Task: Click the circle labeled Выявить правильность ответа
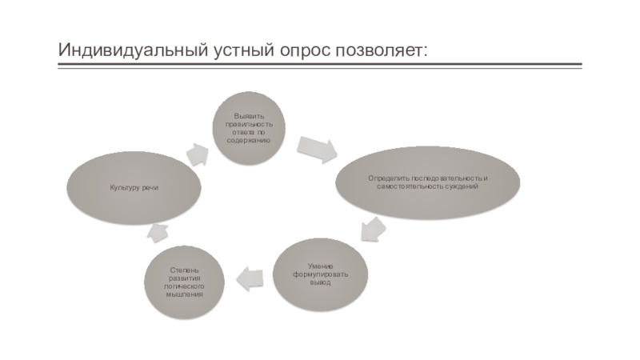click(x=248, y=129)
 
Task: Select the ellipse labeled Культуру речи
click(x=134, y=187)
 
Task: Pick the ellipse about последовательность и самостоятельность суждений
click(x=427, y=182)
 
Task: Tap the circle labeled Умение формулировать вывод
click(x=321, y=274)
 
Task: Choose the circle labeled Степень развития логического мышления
click(x=185, y=282)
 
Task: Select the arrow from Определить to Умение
click(x=372, y=228)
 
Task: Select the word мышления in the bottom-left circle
click(x=185, y=294)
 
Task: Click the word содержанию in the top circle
click(x=248, y=141)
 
